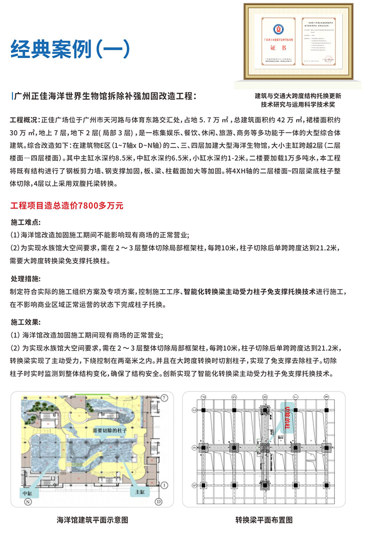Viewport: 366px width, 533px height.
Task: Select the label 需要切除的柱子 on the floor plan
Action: click(x=110, y=430)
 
